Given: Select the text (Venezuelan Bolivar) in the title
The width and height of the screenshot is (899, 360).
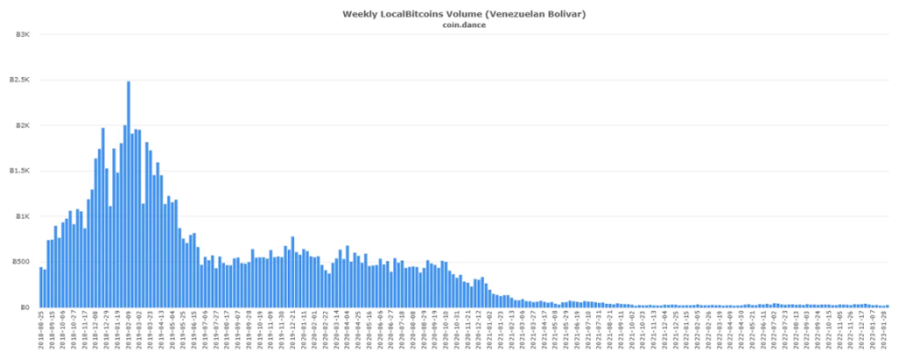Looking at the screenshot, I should [x=536, y=14].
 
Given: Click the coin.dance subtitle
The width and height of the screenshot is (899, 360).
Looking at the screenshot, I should [x=464, y=25].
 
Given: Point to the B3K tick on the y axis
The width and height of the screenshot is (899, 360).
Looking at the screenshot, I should [x=24, y=34].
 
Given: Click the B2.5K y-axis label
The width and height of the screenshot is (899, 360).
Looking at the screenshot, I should [x=21, y=80].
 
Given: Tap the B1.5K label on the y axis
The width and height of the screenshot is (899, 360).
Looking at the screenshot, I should [x=21, y=171].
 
